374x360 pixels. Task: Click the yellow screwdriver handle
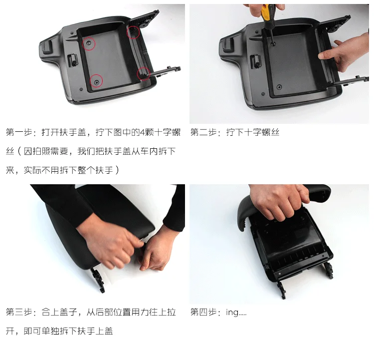(x=265, y=12)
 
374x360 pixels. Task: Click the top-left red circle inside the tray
(x=89, y=44)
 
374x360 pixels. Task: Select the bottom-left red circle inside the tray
(x=96, y=81)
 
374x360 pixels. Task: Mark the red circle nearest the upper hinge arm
(x=133, y=32)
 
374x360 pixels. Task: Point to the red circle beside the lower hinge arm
(x=143, y=73)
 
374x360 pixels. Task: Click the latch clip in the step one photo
(x=72, y=59)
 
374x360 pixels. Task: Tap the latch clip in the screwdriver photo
(x=255, y=61)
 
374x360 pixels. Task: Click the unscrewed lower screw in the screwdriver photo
(x=279, y=87)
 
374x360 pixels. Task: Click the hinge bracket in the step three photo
(x=98, y=280)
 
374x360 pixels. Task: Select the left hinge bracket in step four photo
(x=282, y=290)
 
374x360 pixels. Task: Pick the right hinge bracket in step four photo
(x=329, y=271)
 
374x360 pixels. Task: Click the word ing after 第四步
(x=232, y=313)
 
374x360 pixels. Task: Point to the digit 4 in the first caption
(x=143, y=132)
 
